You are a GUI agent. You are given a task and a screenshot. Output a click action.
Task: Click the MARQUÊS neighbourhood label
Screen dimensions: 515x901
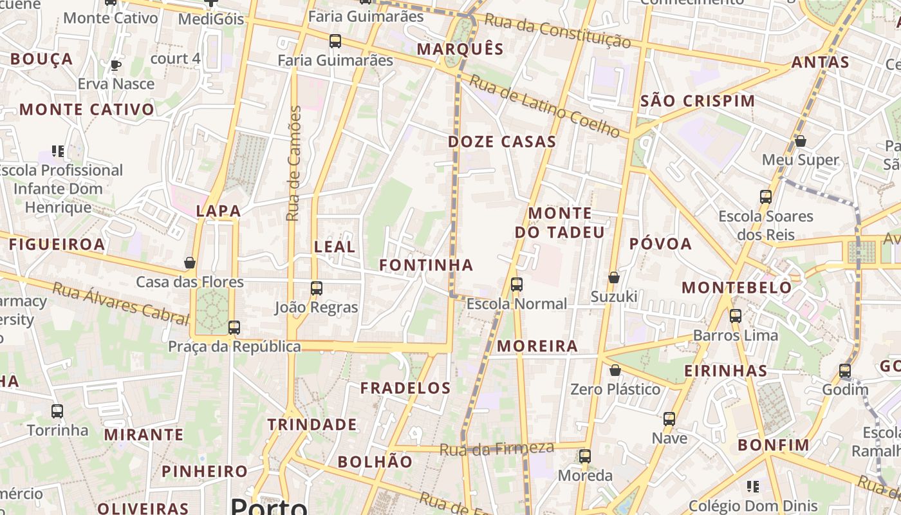[460, 49]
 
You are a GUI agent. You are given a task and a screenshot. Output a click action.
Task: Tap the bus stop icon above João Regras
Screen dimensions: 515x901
[316, 288]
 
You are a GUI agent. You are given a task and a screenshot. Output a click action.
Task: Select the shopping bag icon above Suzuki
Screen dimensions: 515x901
[614, 277]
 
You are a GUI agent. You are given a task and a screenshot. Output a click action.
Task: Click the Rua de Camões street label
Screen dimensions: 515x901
[294, 164]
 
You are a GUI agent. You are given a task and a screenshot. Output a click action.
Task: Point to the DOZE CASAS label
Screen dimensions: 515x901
[502, 142]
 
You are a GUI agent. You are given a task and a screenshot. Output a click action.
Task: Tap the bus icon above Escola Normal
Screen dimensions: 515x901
[516, 285]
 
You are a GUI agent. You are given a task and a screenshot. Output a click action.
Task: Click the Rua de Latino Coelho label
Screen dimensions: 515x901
[544, 106]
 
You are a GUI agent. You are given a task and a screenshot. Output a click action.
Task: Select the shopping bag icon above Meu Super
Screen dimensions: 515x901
[801, 140]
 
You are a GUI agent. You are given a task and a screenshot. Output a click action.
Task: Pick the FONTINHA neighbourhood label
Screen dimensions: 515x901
[426, 265]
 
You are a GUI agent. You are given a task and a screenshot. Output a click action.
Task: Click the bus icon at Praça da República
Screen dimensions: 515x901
[234, 328]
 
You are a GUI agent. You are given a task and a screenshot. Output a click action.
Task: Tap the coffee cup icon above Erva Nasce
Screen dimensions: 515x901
[116, 65]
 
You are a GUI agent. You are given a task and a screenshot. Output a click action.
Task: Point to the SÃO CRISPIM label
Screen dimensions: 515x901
[698, 101]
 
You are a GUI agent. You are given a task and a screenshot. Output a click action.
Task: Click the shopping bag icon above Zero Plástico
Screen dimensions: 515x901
[615, 371]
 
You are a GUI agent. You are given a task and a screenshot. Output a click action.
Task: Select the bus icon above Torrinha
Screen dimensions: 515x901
[57, 411]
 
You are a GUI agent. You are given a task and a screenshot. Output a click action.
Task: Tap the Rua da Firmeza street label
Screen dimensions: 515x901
[496, 449]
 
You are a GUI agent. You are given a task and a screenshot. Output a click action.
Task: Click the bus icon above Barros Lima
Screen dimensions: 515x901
[736, 316]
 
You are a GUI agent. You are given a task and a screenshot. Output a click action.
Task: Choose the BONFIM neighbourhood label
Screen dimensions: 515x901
[774, 445]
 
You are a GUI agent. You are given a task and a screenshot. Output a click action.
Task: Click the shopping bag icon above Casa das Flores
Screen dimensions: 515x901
[190, 263]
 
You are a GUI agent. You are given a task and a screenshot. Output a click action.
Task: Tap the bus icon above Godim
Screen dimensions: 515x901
[845, 371]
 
